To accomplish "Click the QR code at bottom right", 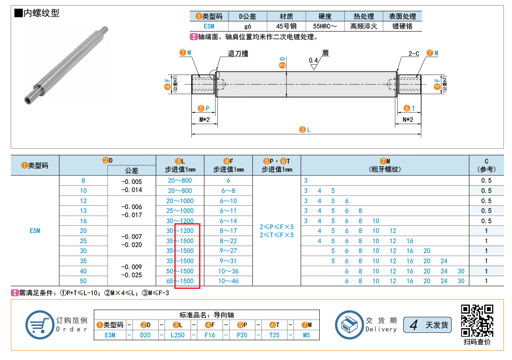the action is (477, 320).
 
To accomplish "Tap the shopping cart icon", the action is (40, 325).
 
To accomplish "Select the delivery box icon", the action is (349, 325).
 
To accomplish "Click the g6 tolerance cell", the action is (248, 26).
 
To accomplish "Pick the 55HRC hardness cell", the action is (325, 26).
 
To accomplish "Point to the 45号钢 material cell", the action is (286, 26).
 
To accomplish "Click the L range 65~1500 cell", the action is (180, 281).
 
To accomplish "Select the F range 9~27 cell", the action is (228, 251).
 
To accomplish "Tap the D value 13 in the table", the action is (83, 210).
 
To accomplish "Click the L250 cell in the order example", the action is (178, 335).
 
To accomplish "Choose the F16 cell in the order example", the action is (210, 335).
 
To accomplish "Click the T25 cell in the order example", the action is (274, 335).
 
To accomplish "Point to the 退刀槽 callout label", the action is (238, 53).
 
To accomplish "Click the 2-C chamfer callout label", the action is (414, 53).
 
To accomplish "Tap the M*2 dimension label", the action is (204, 119).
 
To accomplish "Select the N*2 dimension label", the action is (408, 119).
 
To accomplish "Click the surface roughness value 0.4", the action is (313, 60).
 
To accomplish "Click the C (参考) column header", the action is (486, 165).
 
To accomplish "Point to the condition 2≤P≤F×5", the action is (277, 227).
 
